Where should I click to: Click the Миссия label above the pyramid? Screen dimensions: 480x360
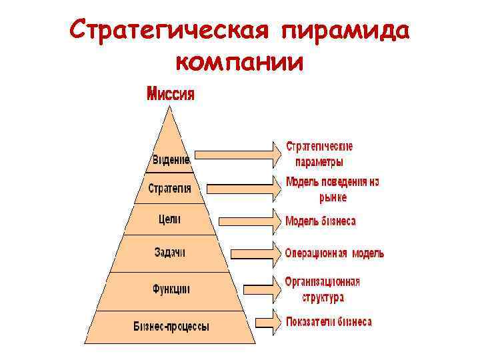click(171, 93)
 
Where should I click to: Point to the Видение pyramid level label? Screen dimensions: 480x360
click(171, 160)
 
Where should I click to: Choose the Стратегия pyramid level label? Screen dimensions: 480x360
click(170, 189)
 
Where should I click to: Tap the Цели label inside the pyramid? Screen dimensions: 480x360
click(170, 219)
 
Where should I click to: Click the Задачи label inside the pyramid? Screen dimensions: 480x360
click(170, 253)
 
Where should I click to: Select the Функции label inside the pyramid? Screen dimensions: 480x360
click(171, 289)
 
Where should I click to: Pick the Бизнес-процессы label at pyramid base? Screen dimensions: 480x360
click(171, 327)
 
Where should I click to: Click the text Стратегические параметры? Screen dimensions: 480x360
click(319, 154)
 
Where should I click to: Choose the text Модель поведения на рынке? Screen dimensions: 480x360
click(332, 189)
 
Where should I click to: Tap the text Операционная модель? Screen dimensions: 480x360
click(334, 253)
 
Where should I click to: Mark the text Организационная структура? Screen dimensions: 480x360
click(323, 289)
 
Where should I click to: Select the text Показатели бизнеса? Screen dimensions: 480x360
click(329, 322)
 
